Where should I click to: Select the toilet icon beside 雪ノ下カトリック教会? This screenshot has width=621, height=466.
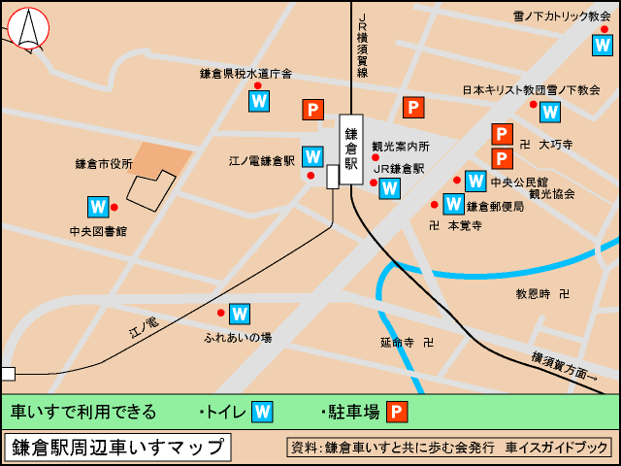[x=603, y=45]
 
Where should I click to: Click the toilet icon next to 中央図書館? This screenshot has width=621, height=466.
[x=98, y=207]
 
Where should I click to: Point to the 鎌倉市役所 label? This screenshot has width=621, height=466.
[x=104, y=164]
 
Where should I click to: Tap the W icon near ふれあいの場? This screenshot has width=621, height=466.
[x=240, y=314]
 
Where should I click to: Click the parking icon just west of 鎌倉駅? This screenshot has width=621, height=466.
[x=313, y=110]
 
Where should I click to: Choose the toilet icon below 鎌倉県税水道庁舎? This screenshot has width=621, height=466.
[x=259, y=100]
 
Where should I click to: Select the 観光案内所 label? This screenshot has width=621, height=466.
[x=400, y=147]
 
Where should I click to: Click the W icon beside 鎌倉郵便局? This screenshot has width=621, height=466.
[x=453, y=204]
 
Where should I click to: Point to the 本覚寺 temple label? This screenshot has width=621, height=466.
[x=464, y=225]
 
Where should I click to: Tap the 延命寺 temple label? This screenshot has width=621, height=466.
[x=398, y=342]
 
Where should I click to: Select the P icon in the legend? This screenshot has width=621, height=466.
[x=397, y=412]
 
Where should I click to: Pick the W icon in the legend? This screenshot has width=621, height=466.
[x=262, y=412]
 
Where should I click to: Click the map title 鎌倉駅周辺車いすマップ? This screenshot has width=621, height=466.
[x=117, y=448]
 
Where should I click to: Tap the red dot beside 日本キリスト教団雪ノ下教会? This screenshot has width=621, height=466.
[x=533, y=105]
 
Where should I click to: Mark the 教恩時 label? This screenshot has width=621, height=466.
[x=533, y=293]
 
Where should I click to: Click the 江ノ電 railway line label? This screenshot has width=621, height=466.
[x=143, y=327]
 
